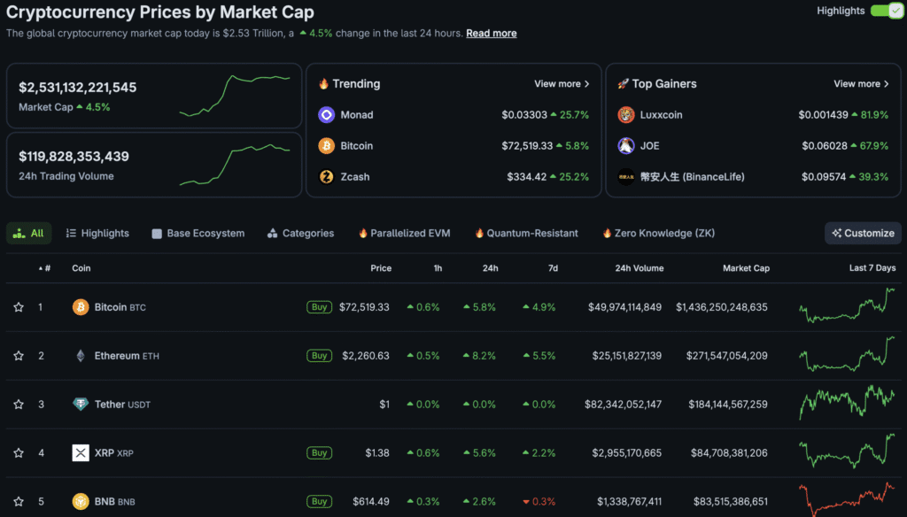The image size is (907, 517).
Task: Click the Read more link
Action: (x=491, y=34)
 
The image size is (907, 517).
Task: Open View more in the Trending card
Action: (x=562, y=84)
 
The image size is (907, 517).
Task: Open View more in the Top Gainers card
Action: (x=861, y=84)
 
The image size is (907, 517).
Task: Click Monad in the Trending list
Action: (x=356, y=115)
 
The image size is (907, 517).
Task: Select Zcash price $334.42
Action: (x=526, y=177)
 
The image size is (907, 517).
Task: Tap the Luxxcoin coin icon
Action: (x=626, y=115)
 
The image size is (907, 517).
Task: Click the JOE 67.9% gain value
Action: (x=868, y=146)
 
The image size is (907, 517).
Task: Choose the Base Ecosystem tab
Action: (x=205, y=234)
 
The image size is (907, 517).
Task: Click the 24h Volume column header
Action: (x=639, y=268)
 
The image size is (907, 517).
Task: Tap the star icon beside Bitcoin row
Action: (x=19, y=307)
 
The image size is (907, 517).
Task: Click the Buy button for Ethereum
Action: (x=319, y=356)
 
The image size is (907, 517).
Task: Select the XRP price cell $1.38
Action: (x=377, y=453)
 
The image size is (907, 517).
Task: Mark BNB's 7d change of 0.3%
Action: (x=539, y=502)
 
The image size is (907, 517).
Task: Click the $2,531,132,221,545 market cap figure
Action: (x=78, y=88)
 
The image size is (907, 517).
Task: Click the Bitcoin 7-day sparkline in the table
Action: (x=846, y=306)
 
